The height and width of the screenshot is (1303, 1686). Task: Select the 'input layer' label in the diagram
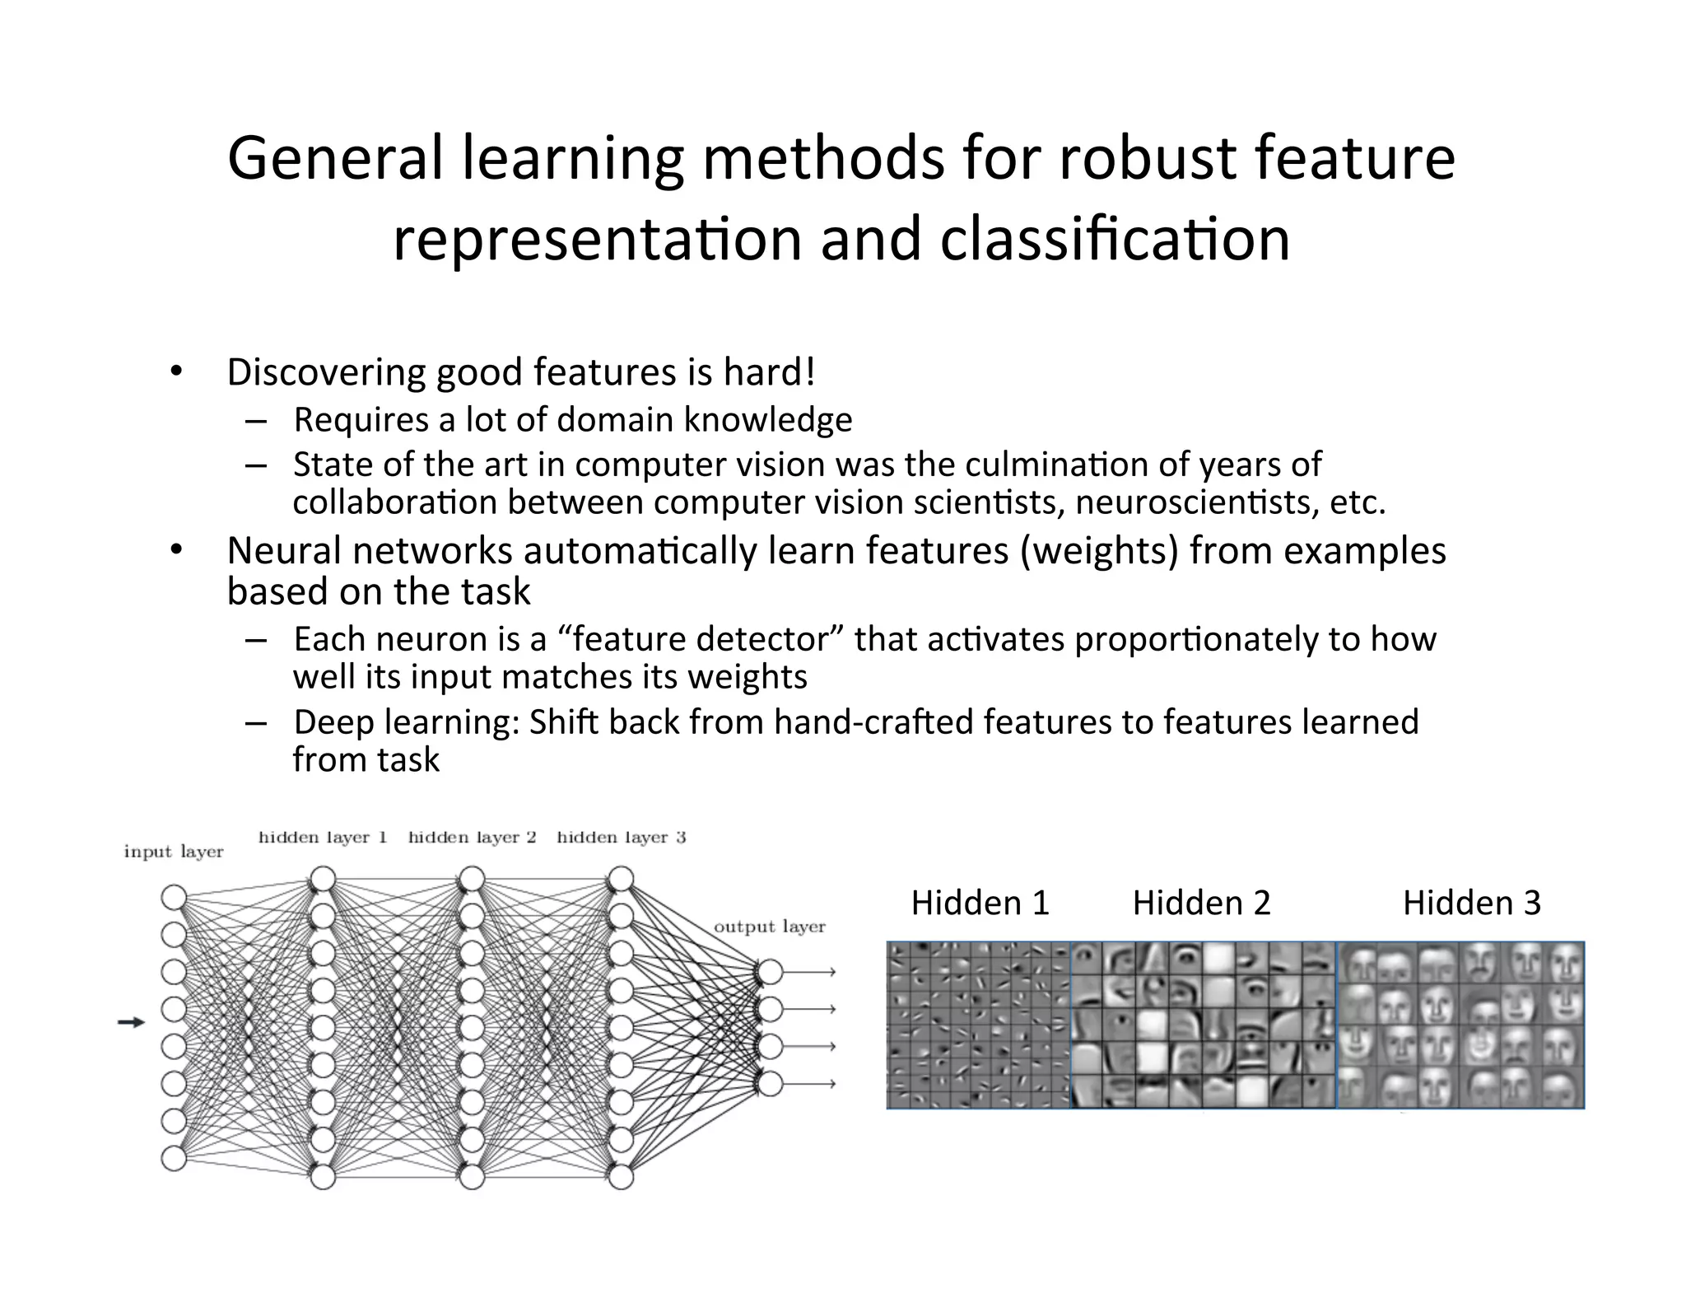click(x=174, y=852)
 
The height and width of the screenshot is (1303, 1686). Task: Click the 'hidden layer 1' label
click(x=323, y=838)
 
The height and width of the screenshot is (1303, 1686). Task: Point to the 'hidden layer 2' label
click(x=472, y=838)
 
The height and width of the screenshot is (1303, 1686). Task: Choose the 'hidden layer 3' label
click(x=621, y=838)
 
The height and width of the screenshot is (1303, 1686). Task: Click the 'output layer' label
click(x=769, y=927)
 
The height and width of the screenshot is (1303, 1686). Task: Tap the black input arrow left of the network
click(x=131, y=1022)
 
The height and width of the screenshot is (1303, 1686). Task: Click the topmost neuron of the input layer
click(x=174, y=897)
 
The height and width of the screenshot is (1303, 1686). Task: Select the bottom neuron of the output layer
click(x=770, y=1083)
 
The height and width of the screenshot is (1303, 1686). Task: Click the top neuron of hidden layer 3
click(x=621, y=879)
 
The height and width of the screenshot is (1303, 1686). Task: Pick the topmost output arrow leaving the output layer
click(x=811, y=973)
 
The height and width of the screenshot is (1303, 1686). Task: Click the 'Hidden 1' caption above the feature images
click(x=980, y=904)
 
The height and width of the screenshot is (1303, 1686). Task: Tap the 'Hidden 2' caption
click(x=1201, y=904)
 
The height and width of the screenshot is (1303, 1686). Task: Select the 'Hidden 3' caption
click(x=1471, y=904)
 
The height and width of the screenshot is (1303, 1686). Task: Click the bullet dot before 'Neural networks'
click(x=175, y=549)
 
